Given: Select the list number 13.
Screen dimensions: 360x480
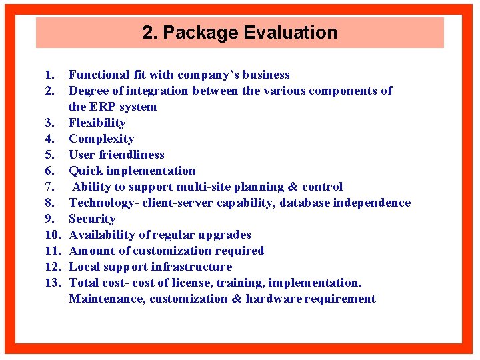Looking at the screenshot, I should [53, 283].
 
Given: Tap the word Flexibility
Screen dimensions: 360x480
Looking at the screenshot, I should [97, 123].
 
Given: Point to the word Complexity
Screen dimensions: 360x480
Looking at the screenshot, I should [101, 139].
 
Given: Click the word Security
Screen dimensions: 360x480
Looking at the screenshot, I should [92, 219].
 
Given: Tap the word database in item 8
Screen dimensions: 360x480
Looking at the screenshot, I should [305, 203].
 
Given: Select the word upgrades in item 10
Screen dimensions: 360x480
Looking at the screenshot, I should [223, 235].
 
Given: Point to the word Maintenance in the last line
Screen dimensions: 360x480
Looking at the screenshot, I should [107, 299].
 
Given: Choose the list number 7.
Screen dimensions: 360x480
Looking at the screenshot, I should [50, 187].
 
